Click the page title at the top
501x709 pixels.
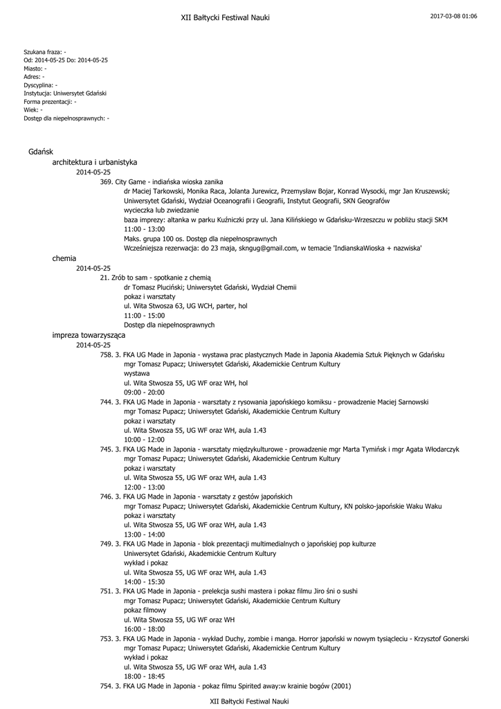tap(225, 17)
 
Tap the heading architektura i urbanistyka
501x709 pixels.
tap(95, 162)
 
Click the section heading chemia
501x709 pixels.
tap(64, 258)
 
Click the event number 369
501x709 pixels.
tap(107, 181)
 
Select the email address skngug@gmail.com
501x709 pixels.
tap(270, 248)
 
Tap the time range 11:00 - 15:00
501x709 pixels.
tap(145, 316)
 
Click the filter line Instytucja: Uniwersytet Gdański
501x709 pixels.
tap(65, 92)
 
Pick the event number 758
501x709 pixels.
tap(107, 354)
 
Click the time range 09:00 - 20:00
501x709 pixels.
tap(145, 392)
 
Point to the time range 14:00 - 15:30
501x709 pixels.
tap(145, 582)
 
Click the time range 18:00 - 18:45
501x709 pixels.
tap(145, 676)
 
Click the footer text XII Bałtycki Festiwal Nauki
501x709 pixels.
tap(249, 701)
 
